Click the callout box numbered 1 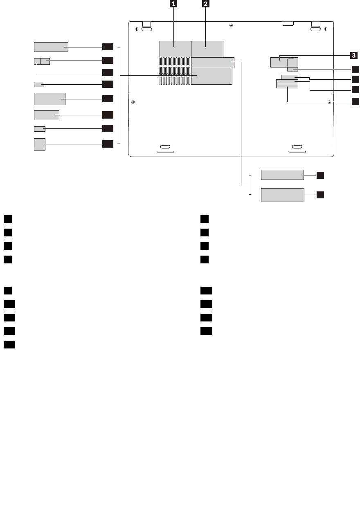click(174, 4)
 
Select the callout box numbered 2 click(205, 4)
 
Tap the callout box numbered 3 click(353, 54)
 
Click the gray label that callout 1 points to click(175, 49)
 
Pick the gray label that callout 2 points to click(207, 49)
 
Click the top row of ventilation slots click(175, 61)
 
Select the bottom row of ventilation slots click(175, 81)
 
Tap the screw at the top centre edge click(232, 25)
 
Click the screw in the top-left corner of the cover click(136, 29)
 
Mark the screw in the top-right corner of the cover click(325, 29)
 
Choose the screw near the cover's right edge click(329, 102)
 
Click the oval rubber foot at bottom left click(165, 146)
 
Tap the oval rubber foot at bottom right click(297, 146)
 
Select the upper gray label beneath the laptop click(282, 175)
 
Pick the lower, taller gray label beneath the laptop click(282, 195)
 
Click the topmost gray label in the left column click(51, 47)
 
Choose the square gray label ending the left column click(40, 144)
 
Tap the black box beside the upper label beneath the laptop click(320, 175)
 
